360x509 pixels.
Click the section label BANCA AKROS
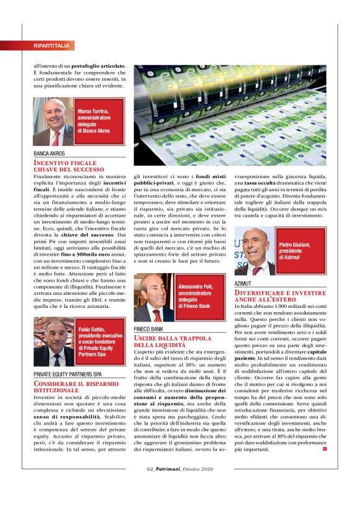coord(52,153)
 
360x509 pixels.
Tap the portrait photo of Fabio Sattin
coord(54,341)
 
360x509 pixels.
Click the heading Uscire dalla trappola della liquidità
coord(169,341)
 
